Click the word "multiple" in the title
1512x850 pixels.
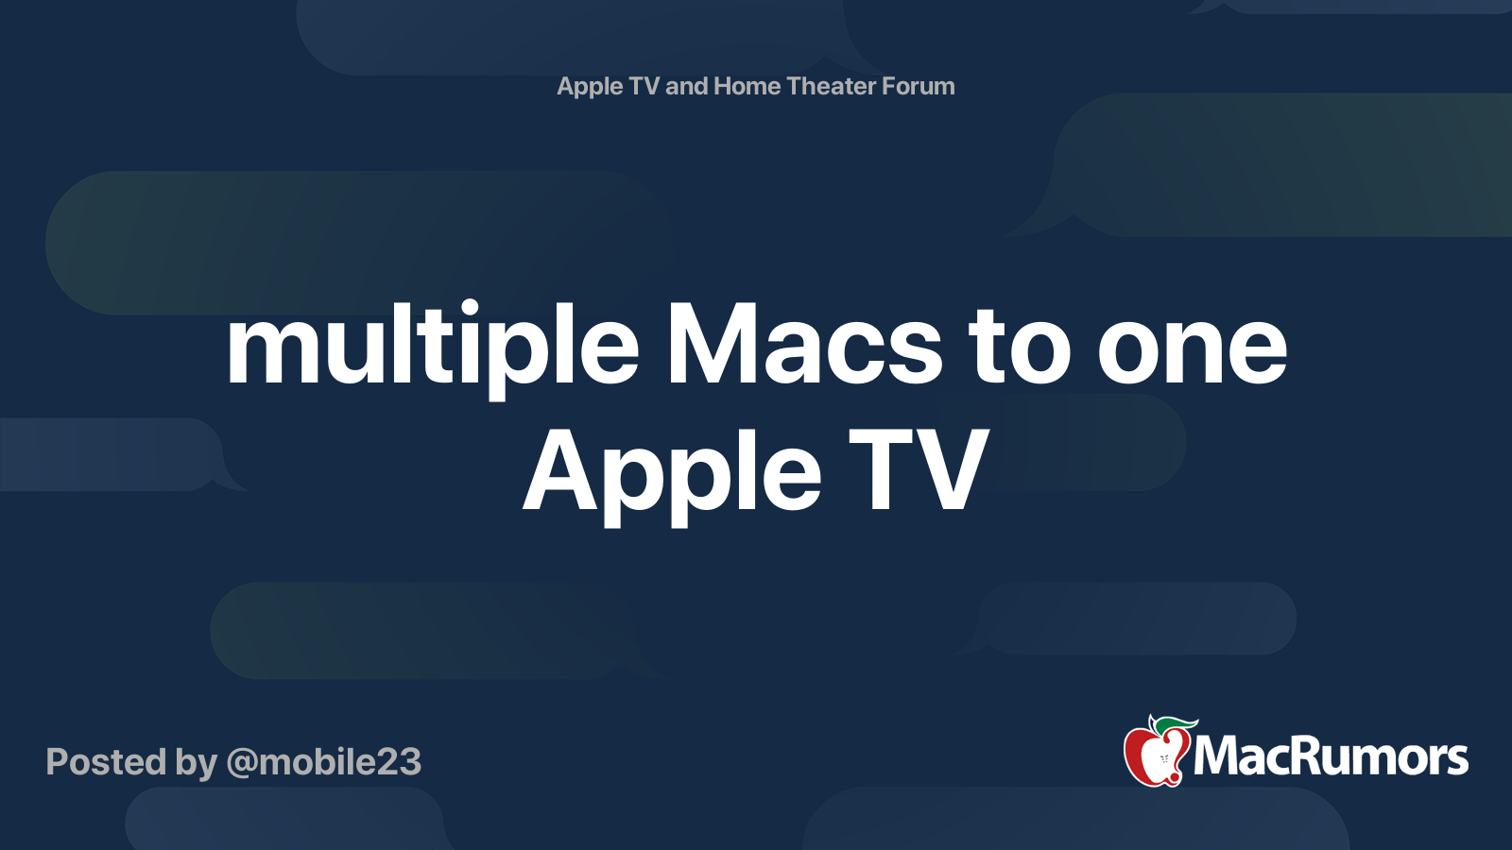[x=432, y=348]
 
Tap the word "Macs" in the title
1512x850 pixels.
[x=804, y=348]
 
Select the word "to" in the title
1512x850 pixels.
[x=1020, y=348]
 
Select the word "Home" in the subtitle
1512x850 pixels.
[x=747, y=86]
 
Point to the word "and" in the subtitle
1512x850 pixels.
[x=687, y=86]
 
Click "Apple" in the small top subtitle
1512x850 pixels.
[x=590, y=87]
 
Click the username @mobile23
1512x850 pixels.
[x=324, y=762]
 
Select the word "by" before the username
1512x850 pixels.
[x=196, y=763]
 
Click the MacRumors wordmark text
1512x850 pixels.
[x=1331, y=756]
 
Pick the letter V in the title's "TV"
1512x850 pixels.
[x=952, y=469]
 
